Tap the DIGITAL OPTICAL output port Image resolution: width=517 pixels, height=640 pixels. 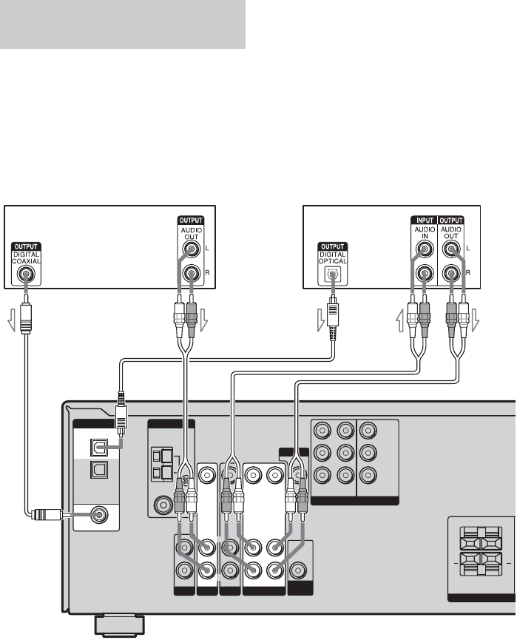pyautogui.click(x=332, y=274)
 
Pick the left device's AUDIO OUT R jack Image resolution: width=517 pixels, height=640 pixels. pyautogui.click(x=192, y=274)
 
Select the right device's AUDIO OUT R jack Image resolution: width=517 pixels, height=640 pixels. pyautogui.click(x=453, y=274)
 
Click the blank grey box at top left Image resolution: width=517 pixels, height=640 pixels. pyautogui.click(x=122, y=24)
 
